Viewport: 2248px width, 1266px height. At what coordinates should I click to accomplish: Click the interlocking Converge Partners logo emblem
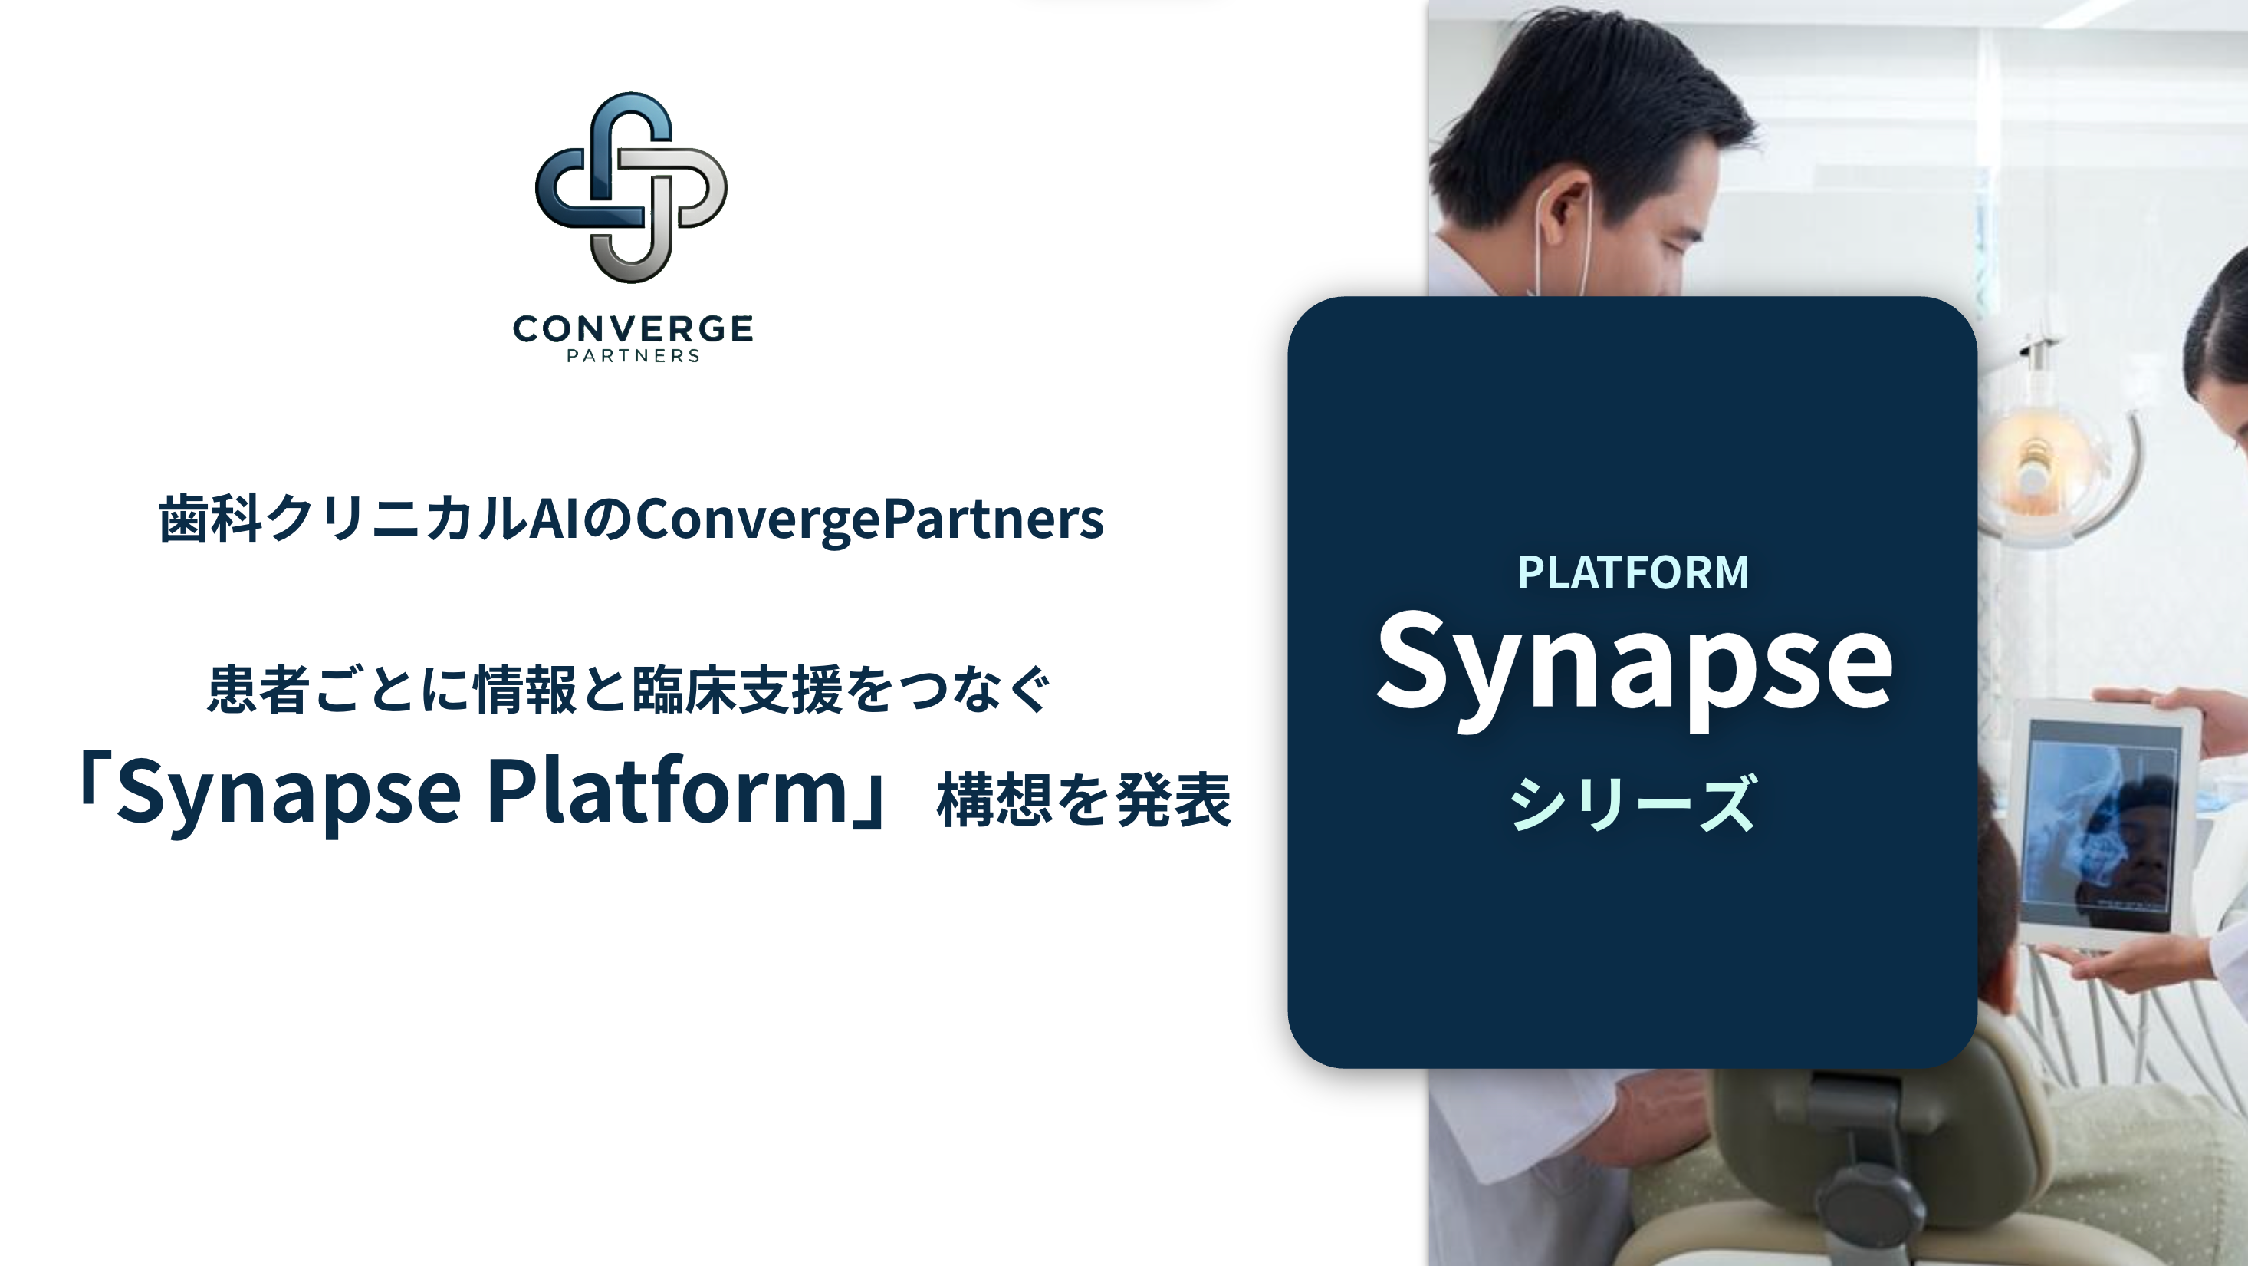pos(631,188)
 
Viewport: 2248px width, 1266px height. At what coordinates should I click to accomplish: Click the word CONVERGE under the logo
pos(633,329)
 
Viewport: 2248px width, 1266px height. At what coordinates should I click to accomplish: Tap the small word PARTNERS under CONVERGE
pos(633,356)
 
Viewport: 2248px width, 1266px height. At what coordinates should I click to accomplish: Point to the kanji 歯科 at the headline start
pos(210,519)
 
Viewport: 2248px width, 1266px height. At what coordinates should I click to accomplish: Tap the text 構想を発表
pos(1084,799)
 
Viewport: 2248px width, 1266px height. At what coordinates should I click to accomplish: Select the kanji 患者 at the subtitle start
pos(258,690)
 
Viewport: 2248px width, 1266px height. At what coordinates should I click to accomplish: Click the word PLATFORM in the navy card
pos(1633,572)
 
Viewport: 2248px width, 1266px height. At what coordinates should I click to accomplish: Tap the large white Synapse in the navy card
pos(1634,668)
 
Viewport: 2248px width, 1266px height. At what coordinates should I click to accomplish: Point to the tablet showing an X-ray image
pos(2103,825)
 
